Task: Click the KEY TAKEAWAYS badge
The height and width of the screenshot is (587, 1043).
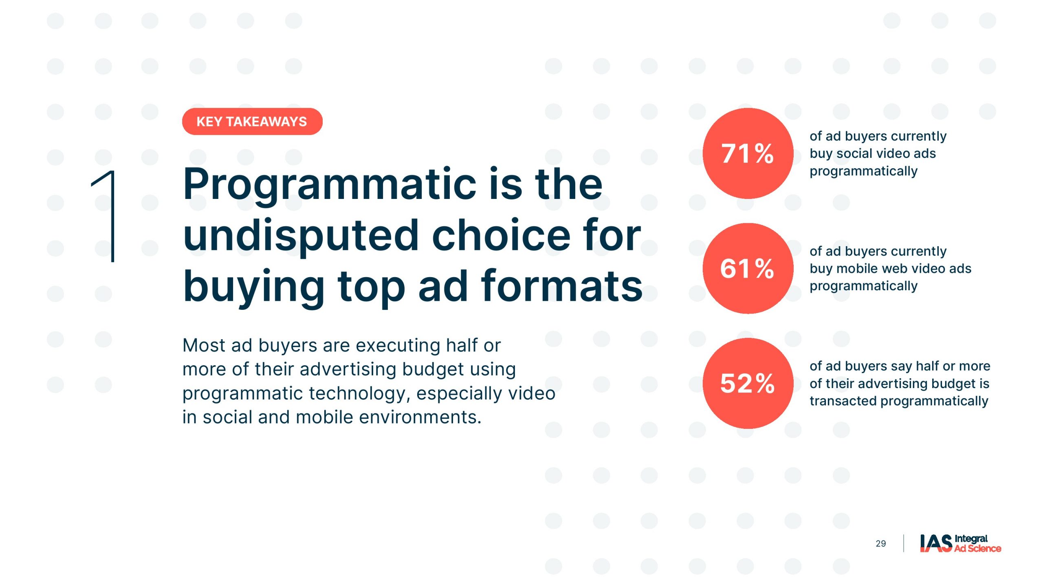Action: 252,121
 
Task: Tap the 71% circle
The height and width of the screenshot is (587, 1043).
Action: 748,153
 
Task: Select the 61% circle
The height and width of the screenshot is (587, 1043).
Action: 748,268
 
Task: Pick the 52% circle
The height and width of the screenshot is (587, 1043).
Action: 748,383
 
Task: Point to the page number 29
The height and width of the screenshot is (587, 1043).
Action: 880,544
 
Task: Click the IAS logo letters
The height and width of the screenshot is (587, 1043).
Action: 936,543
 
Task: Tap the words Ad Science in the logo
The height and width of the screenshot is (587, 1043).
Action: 977,549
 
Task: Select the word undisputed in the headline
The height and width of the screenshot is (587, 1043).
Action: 301,236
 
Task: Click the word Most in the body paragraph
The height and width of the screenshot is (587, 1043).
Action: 204,345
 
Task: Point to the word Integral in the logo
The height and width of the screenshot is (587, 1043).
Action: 971,539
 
